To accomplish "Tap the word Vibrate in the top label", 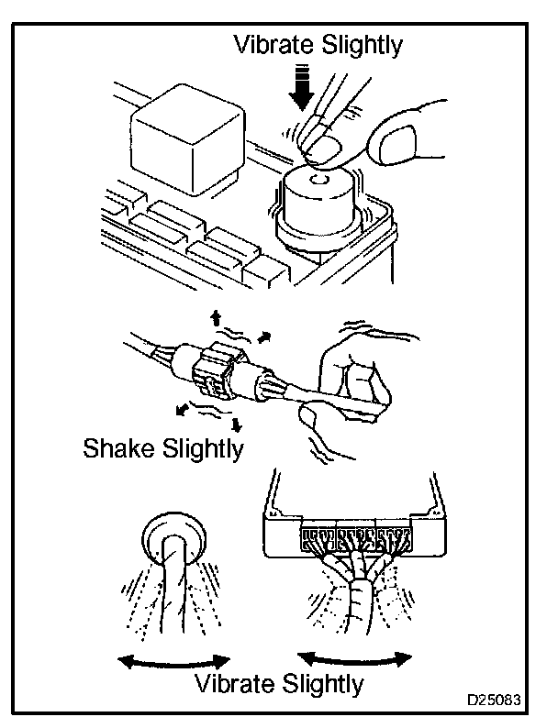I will (x=273, y=44).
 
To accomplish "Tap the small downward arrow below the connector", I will (x=237, y=423).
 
